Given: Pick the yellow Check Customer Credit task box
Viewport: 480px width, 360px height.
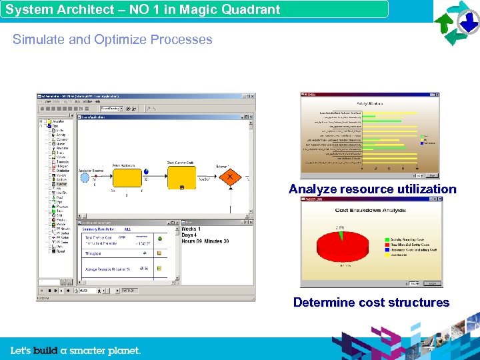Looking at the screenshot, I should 182,177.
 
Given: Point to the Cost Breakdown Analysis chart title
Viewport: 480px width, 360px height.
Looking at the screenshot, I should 371,211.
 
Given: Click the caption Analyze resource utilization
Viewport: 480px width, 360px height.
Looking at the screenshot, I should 372,189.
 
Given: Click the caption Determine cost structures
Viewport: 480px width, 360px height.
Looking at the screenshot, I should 371,303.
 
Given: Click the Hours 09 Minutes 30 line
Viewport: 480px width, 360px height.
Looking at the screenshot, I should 206,241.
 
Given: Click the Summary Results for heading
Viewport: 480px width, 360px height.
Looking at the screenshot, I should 101,229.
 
